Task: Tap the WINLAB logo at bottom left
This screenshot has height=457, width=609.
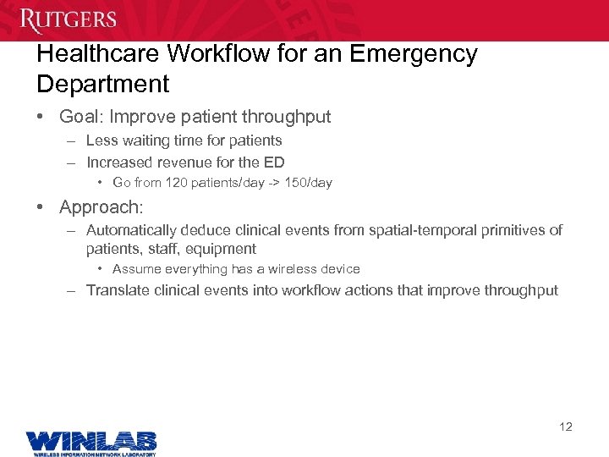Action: [91, 443]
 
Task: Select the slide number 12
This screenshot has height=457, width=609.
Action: [566, 427]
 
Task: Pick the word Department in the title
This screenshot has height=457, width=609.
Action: [103, 85]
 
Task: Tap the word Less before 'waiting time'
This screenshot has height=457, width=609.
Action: [101, 140]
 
